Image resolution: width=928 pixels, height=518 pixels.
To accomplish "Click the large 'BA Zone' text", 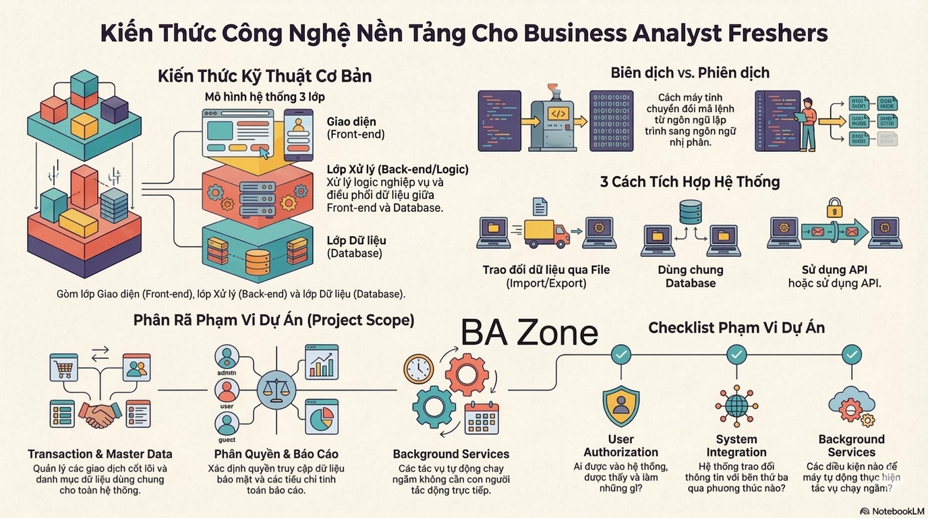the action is point(529,333).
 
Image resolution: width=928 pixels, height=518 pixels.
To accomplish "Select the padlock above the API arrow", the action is point(835,204).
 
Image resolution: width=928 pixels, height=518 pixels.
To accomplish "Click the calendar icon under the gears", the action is point(482,418).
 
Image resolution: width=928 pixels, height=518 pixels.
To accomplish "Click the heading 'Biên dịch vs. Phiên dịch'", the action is point(689,72).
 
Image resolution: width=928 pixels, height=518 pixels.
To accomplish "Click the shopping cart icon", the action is point(65,368).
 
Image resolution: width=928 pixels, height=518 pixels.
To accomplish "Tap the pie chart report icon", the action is point(321,418).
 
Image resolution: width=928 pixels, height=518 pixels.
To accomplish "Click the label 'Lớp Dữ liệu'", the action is point(356,240).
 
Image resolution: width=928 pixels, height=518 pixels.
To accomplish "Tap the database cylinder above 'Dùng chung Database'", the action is point(690,212).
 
